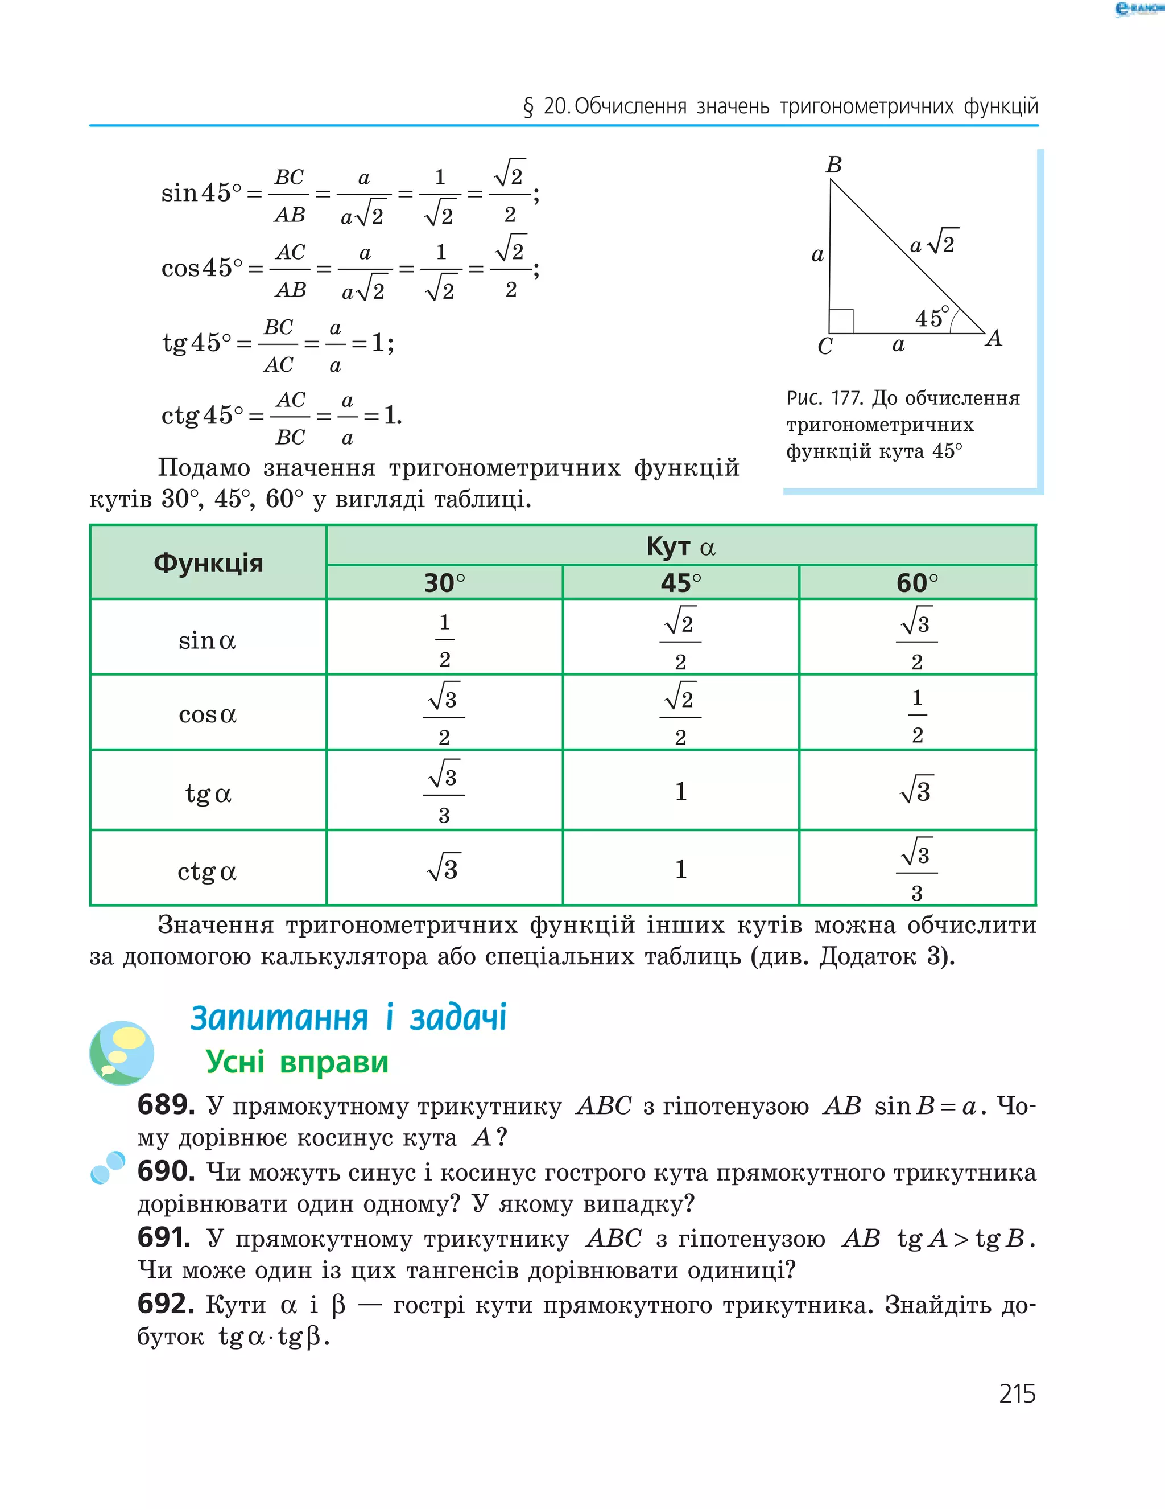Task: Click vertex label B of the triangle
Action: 833,165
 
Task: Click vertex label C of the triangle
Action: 825,346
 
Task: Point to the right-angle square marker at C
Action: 841,321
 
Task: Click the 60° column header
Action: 916,583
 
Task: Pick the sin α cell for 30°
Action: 444,640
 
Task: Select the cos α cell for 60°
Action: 916,715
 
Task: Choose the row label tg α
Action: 208,793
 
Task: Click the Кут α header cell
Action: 680,546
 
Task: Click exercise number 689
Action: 166,1105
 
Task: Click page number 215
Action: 1017,1393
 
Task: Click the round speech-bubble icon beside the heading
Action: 122,1053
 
